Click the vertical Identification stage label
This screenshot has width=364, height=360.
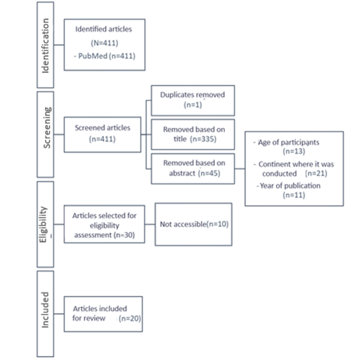[46, 46]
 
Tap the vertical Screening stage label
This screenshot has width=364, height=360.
[47, 127]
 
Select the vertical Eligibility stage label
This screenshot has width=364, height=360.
[43, 225]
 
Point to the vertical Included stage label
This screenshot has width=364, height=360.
[45, 310]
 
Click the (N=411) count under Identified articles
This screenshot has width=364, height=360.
[104, 43]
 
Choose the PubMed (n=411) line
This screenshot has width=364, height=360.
[104, 56]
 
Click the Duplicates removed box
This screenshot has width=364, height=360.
[193, 100]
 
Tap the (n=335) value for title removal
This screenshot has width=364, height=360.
[203, 139]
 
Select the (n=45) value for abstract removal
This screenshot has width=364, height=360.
[210, 173]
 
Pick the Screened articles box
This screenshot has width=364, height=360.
[103, 135]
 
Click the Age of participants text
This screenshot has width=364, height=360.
[289, 142]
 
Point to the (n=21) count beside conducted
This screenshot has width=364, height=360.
[316, 173]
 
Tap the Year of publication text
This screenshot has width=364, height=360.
[290, 186]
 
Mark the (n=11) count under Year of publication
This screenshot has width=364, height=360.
[294, 195]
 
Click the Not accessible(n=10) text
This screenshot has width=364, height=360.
[194, 224]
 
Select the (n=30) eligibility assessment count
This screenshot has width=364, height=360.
[124, 235]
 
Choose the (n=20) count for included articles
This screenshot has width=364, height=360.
[130, 319]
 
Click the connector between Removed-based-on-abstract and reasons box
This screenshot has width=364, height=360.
[240, 169]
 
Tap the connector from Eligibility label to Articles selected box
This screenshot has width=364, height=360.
[59, 225]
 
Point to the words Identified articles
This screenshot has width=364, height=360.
[104, 29]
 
